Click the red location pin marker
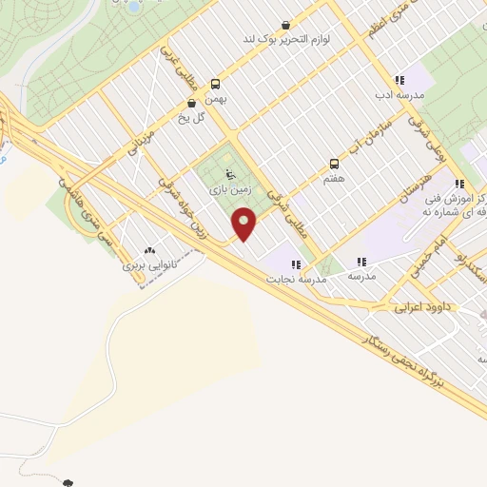click(x=245, y=224)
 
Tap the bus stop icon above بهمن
click(x=215, y=83)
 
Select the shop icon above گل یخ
click(x=192, y=103)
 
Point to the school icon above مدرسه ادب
click(x=399, y=81)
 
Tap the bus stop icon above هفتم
click(x=334, y=163)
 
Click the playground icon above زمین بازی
click(x=228, y=173)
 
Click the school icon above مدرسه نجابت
click(x=296, y=264)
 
